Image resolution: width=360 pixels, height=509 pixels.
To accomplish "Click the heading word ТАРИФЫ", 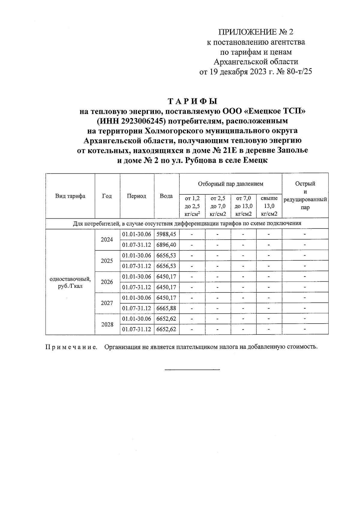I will coord(192,101).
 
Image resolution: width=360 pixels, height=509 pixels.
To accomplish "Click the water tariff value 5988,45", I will coord(166,234).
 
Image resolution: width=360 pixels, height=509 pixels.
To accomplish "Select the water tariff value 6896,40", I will coord(166,245).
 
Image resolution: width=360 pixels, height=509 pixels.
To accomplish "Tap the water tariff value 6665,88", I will coord(166,308).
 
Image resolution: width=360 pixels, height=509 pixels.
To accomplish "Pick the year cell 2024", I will coord(107,239).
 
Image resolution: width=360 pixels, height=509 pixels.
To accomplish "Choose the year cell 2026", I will coord(107,282).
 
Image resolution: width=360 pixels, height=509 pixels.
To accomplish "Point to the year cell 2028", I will coord(107,324).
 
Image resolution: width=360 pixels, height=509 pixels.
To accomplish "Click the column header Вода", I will coord(166,196).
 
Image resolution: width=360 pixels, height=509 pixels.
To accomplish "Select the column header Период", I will coord(136,196).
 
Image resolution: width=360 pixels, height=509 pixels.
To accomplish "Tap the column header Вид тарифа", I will coord(70,196).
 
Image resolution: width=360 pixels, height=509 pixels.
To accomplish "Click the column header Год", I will coord(107,196).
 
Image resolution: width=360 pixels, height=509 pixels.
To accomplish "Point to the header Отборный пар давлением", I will coord(230,184).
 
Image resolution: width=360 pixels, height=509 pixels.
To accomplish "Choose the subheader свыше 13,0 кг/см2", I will coord(269,206).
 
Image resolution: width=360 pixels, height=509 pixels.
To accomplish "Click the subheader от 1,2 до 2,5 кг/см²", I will coord(192,206).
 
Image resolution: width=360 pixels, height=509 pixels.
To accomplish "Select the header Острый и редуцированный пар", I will coord(305,196).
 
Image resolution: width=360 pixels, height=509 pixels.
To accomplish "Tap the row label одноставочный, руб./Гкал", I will coord(70,282).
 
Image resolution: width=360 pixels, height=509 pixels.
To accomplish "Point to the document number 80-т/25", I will coord(295,72).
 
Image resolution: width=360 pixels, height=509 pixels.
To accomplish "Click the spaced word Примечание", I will coord(71,347).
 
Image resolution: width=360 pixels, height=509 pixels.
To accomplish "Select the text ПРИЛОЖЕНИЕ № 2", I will coord(256,32).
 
